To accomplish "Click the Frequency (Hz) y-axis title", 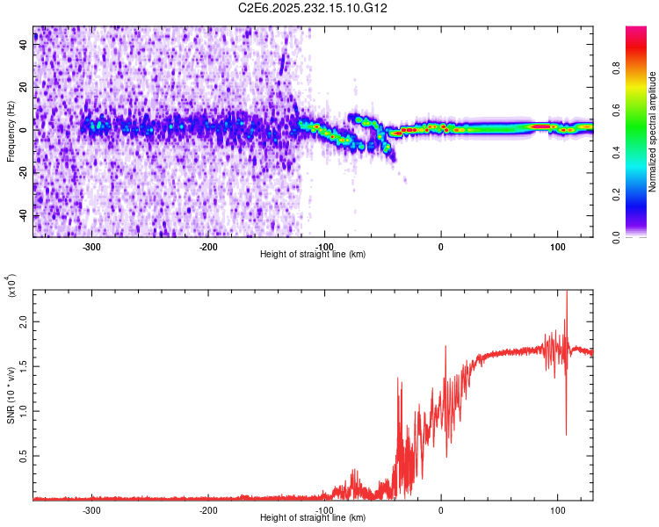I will point(11,132).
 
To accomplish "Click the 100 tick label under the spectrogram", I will point(557,247).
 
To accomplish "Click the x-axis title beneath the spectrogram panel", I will point(313,255).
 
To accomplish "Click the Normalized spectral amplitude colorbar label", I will point(653,132).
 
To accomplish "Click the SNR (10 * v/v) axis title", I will point(11,395).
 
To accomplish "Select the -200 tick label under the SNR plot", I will point(208,510).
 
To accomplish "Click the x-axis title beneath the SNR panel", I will point(313,518).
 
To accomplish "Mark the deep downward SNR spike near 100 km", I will point(566,432).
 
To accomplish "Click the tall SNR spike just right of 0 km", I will point(445,348).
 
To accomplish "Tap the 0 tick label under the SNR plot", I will point(441,510).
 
